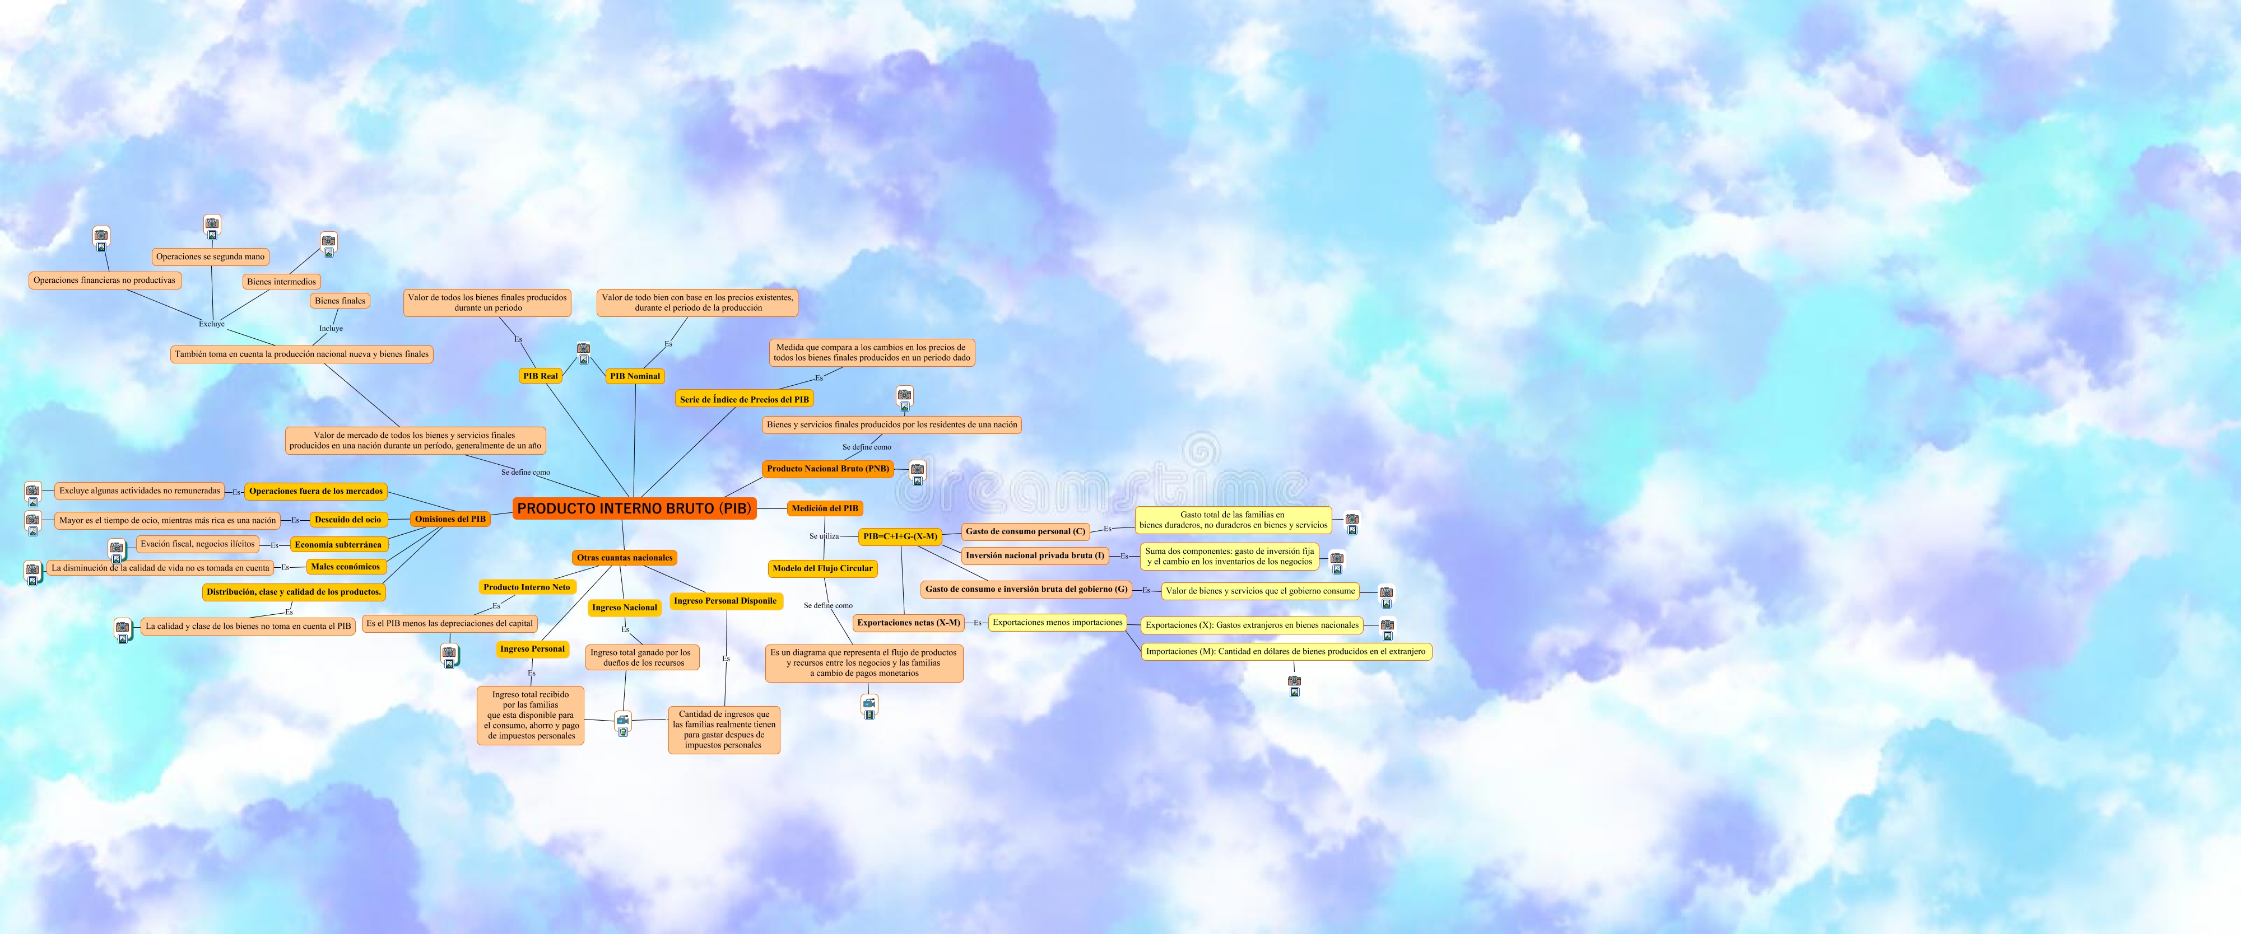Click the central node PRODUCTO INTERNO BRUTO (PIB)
(634, 509)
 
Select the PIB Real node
(540, 376)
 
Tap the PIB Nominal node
(635, 376)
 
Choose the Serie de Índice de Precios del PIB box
(744, 400)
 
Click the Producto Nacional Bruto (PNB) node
(827, 469)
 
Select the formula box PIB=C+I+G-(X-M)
(900, 536)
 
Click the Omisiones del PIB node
(450, 519)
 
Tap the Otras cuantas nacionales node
(625, 558)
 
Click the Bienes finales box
(340, 301)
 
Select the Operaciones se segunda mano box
(211, 256)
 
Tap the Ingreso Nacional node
(625, 608)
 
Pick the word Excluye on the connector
(211, 324)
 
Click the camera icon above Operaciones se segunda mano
(212, 225)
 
